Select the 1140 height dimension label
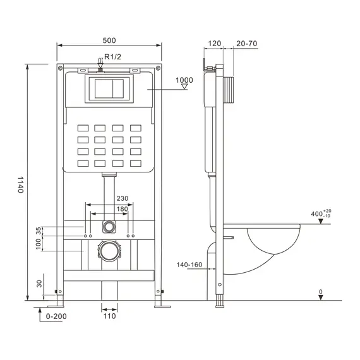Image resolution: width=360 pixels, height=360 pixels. pos(20,184)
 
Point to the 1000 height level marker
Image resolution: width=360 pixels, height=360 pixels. pos(184,80)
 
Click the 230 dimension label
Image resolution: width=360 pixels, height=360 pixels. pos(123,198)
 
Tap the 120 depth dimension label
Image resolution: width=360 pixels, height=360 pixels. pos(214,44)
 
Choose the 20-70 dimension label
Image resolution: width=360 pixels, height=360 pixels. pos(246,44)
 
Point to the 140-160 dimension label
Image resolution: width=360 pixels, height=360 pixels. pos(190,265)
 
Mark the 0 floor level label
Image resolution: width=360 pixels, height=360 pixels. pos(321,292)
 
